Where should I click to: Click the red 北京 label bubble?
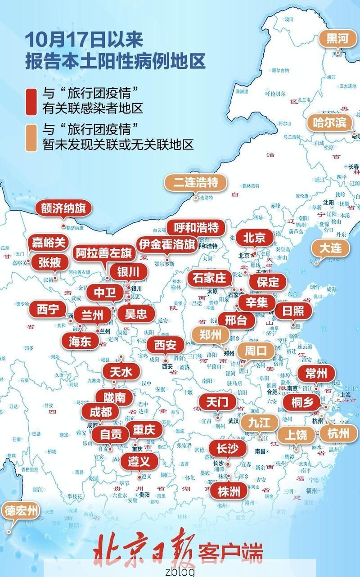255,238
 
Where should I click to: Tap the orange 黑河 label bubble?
337,39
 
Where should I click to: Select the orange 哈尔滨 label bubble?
330,122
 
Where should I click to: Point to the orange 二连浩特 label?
195,182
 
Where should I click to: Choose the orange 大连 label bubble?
331,248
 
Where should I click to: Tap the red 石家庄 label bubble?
209,278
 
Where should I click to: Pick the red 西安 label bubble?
166,345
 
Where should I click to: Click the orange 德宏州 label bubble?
21,511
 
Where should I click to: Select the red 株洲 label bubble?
229,491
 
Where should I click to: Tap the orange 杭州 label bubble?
338,433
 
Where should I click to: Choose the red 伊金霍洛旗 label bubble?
166,244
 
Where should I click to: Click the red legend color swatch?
31,100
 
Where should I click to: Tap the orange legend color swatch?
31,137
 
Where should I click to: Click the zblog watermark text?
180,571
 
